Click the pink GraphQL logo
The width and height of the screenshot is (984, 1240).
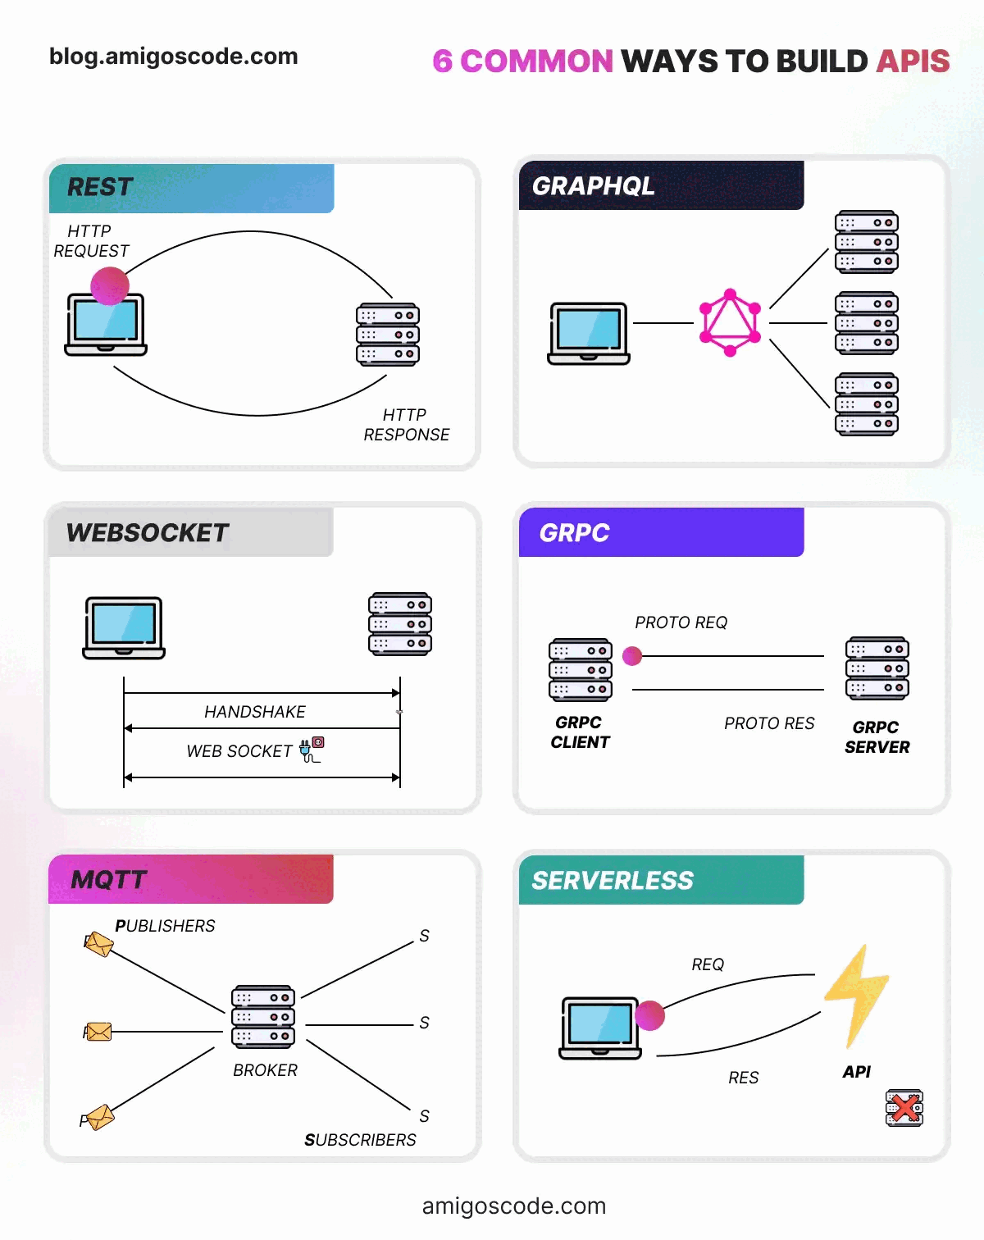click(x=730, y=322)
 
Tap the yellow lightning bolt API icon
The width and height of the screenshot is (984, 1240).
click(x=857, y=996)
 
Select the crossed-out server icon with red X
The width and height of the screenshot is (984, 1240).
click(x=904, y=1108)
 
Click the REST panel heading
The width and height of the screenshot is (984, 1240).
click(x=100, y=187)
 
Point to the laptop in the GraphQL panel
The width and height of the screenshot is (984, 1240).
click(x=589, y=333)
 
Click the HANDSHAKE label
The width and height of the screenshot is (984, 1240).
click(x=255, y=712)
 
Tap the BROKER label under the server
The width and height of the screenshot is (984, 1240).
click(x=265, y=1070)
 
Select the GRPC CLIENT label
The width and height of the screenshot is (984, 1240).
click(x=580, y=732)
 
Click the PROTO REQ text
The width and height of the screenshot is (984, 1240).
click(x=681, y=622)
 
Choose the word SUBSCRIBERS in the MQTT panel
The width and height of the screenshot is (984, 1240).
click(x=360, y=1140)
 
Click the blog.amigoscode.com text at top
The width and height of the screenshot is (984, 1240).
click(x=174, y=57)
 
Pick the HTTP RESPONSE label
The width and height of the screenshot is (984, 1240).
click(x=406, y=425)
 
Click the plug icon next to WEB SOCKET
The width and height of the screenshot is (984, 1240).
click(x=312, y=750)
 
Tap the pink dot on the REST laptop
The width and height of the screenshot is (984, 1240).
click(x=110, y=286)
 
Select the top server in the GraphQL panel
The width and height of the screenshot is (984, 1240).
click(x=866, y=242)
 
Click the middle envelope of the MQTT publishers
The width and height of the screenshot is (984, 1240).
click(x=98, y=1031)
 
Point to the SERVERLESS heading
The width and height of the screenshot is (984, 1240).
click(x=613, y=881)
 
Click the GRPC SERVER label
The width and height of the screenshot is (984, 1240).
click(x=877, y=737)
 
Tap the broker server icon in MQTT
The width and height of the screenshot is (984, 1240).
click(x=262, y=1017)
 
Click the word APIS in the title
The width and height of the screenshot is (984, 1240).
click(x=913, y=62)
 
